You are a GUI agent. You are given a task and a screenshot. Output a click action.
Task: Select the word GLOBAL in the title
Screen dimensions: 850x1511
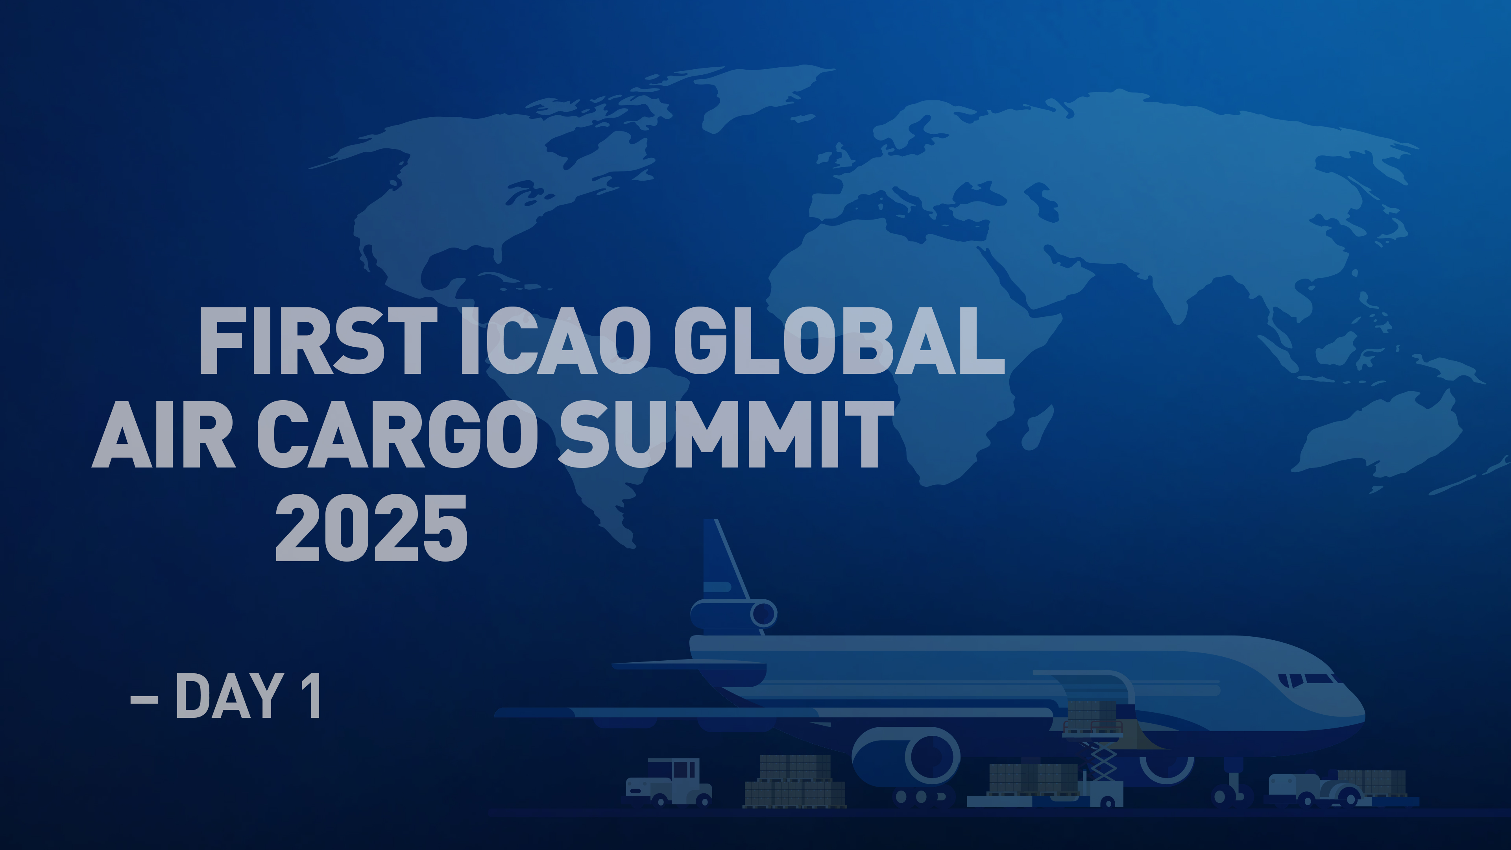coord(839,342)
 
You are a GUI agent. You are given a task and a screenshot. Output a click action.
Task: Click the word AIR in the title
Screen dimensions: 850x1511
coord(164,435)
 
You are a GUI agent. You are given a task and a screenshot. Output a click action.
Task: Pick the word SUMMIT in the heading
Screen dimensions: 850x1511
coord(725,435)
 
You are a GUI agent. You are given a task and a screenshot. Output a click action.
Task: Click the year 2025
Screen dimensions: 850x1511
coord(371,528)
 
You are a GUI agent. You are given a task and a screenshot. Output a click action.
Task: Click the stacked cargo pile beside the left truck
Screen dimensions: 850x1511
coord(795,782)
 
